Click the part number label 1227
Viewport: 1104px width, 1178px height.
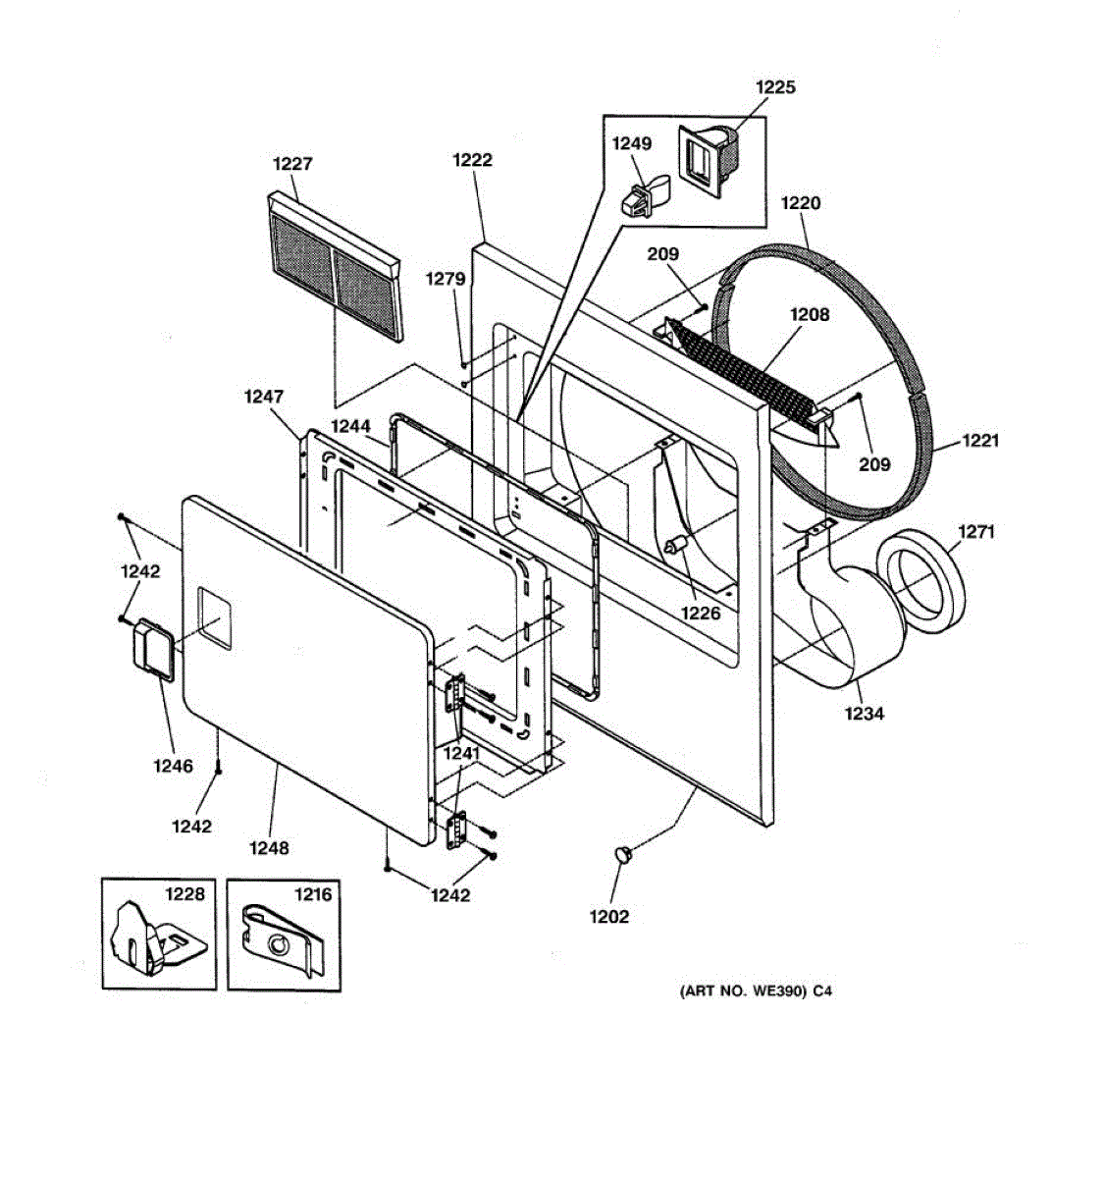click(292, 164)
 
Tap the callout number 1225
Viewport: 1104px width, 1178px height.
click(775, 87)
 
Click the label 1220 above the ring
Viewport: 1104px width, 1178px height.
click(801, 203)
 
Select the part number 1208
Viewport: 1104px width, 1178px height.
click(810, 314)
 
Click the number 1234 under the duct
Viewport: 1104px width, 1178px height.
click(864, 714)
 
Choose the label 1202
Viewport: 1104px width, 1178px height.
click(608, 917)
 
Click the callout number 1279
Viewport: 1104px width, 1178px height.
click(445, 280)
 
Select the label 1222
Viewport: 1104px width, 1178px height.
click(472, 159)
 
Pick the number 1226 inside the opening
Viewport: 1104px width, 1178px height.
click(701, 614)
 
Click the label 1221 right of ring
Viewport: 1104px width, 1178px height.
click(979, 440)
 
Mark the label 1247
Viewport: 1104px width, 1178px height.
click(264, 397)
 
